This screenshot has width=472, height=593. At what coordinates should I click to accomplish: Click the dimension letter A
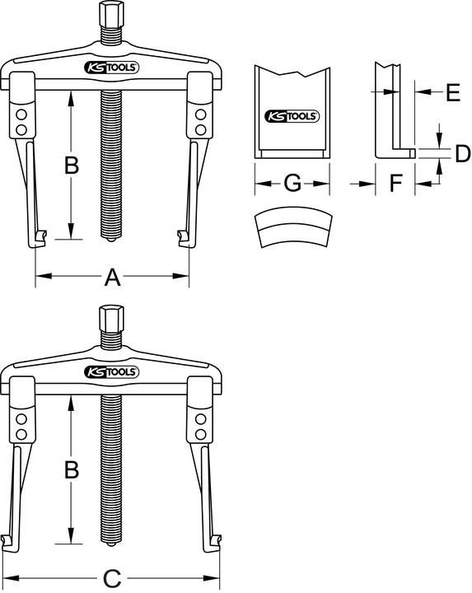112,278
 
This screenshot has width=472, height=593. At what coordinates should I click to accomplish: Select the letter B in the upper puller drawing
72,166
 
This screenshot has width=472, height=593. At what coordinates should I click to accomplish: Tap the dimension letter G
292,183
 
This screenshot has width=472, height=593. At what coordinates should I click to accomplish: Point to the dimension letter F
395,183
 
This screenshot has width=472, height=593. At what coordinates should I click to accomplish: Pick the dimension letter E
452,93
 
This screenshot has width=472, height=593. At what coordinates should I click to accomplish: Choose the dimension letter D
462,152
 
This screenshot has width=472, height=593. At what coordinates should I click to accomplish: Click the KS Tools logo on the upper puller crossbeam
112,68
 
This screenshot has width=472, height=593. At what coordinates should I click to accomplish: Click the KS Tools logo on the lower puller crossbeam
112,372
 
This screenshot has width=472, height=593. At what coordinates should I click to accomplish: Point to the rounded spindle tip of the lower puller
111,544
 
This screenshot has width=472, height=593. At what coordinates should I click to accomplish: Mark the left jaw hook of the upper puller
39,239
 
